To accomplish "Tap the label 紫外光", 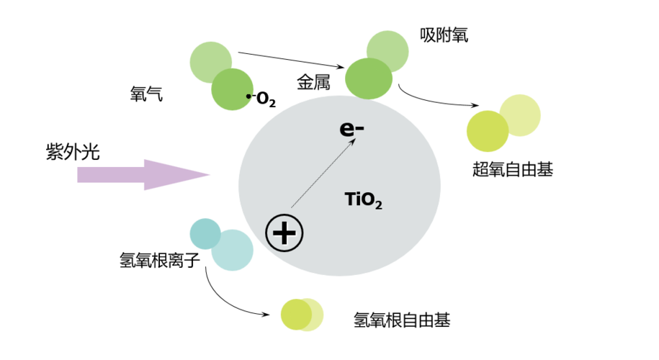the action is pos(73,151).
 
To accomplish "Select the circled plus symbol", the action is pos(284,233).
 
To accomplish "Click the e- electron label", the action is pos(351,129).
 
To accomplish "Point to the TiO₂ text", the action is pos(363,199).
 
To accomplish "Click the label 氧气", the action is pos(146,94).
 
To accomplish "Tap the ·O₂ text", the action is pos(261,99).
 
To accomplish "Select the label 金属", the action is pos(313,82).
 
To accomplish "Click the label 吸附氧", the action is pos(444,35).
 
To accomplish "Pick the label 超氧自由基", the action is pos(513,169).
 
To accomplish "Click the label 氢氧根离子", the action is pos(160,260).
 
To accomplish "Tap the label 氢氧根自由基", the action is pos(402,320).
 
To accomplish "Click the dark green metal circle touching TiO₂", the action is pos(369,78).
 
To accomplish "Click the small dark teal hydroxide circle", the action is pos(205,233).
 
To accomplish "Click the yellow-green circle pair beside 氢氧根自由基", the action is pos(302,315).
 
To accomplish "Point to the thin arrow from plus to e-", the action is pos(323,173).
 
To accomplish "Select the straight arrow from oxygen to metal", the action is pos(291,60).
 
